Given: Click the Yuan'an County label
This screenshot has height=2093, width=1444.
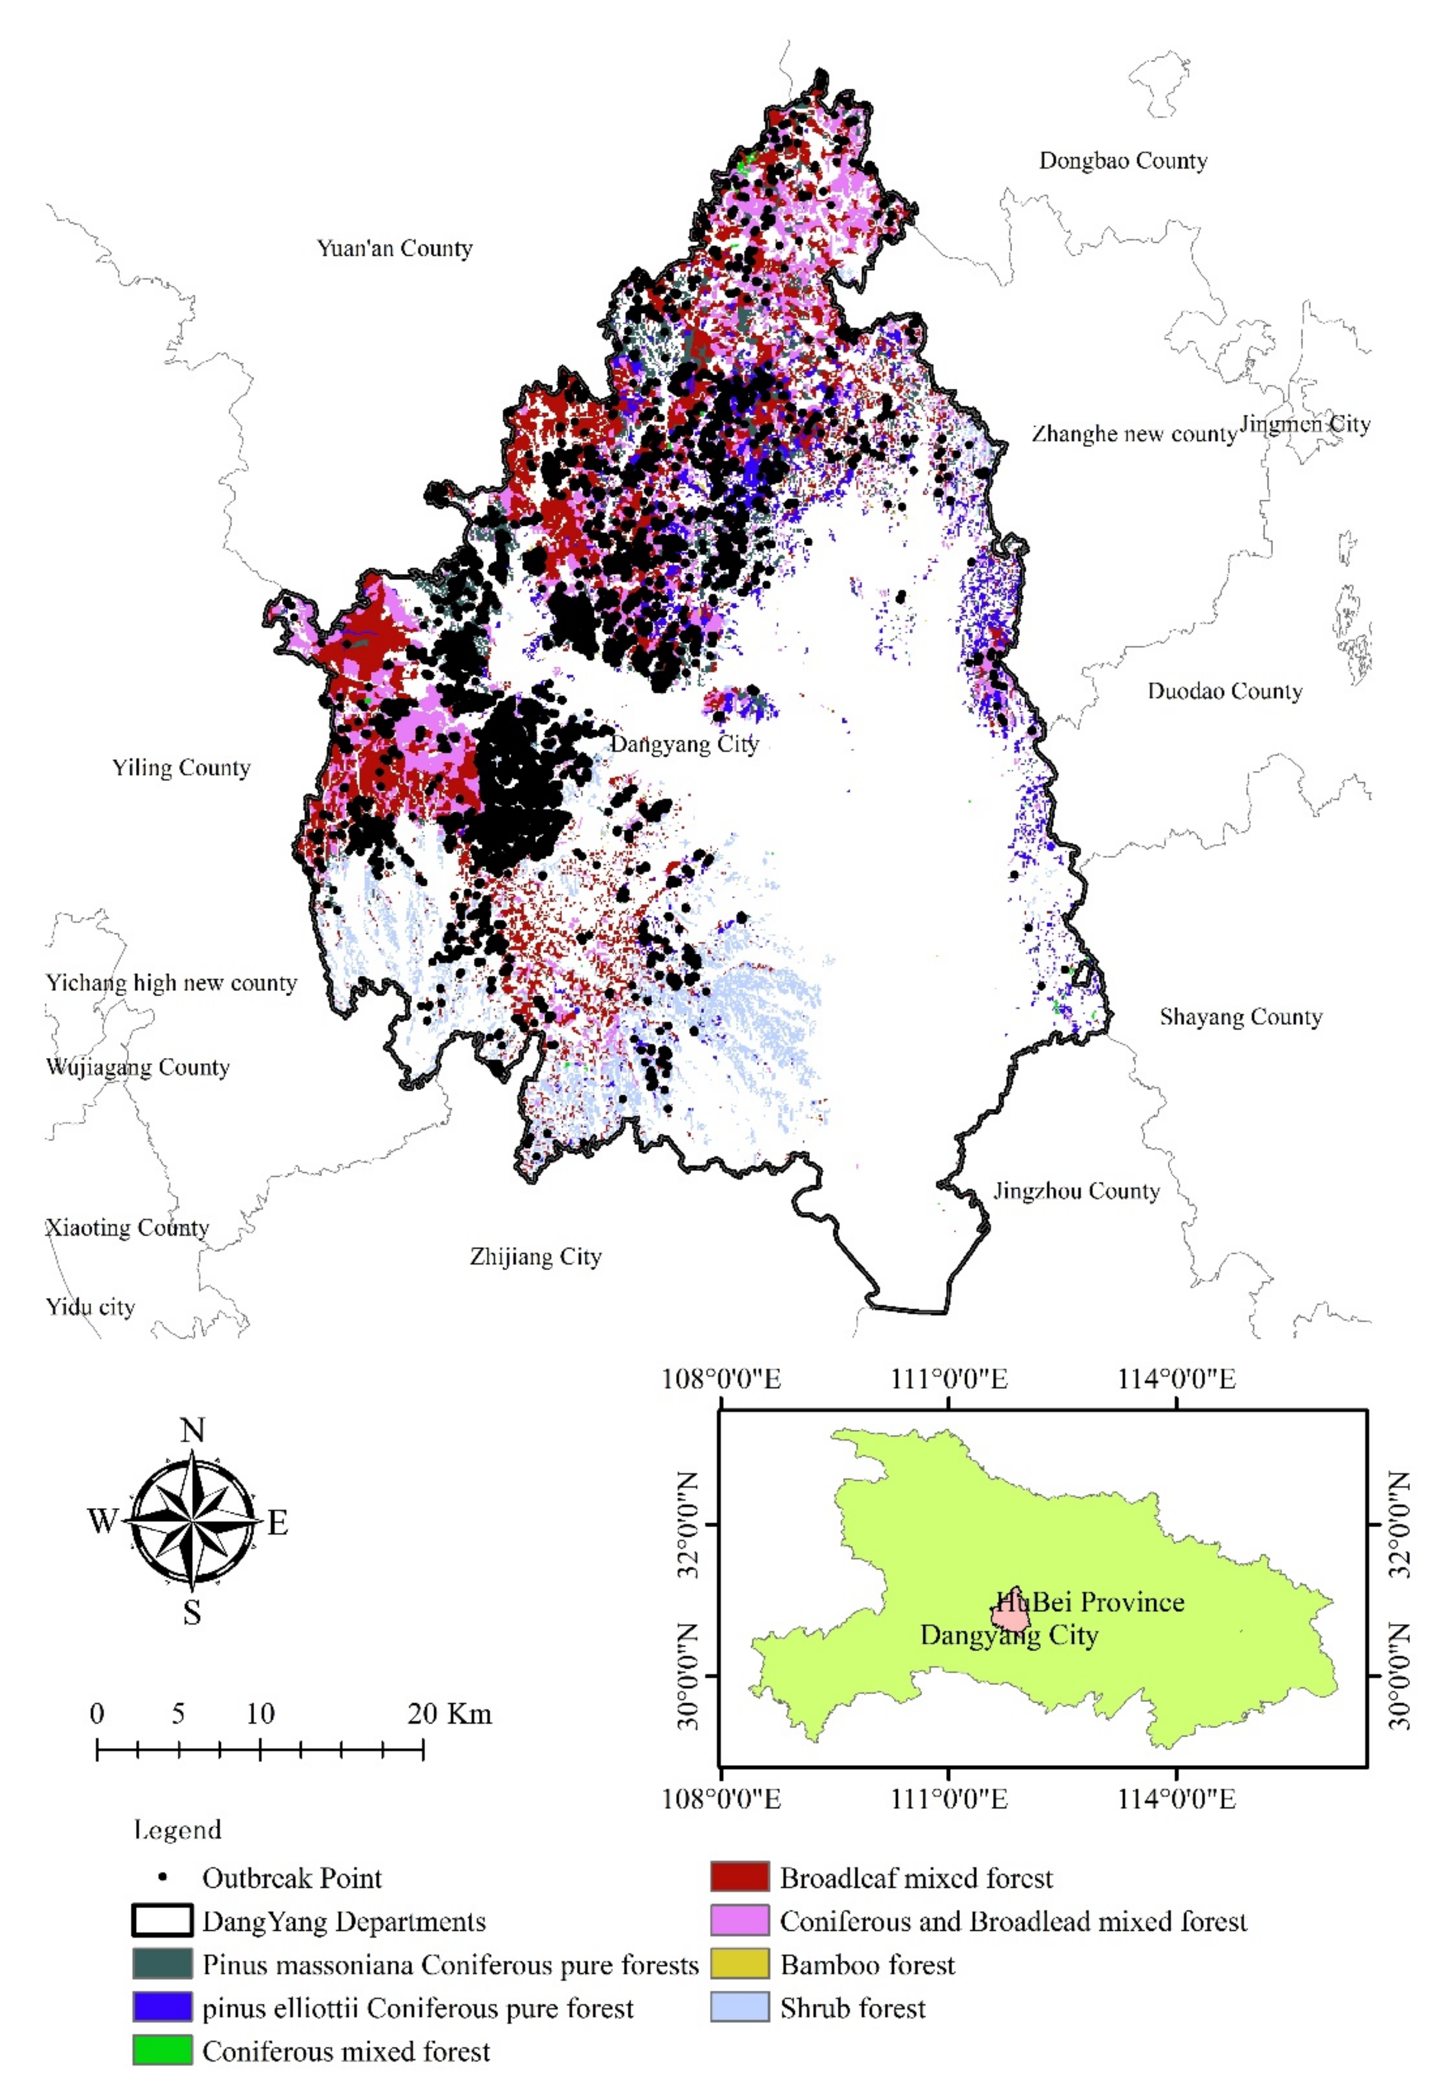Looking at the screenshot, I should tap(395, 249).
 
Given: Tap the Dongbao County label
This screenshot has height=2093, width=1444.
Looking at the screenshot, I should tap(1123, 161).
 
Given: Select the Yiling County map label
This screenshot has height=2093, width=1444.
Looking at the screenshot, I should tap(181, 768).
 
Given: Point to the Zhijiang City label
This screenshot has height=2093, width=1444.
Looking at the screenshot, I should tap(536, 1256).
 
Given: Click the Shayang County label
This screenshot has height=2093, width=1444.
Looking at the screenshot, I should tap(1241, 1017).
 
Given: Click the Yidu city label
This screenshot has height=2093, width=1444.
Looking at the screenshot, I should tap(90, 1307).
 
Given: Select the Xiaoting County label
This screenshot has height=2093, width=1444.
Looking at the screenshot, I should tap(127, 1227).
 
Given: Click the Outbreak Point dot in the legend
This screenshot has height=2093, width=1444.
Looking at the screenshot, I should tap(163, 1878).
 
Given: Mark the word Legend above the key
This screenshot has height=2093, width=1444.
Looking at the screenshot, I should tap(177, 1830).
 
